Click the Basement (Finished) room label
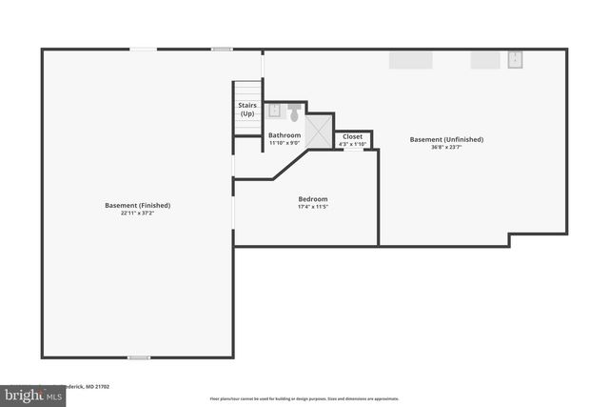[x=138, y=205]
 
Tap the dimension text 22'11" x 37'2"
[x=138, y=213]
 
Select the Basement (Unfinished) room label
[x=446, y=139]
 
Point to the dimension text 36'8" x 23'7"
[x=446, y=147]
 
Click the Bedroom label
[x=313, y=198]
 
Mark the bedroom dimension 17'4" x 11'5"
[x=313, y=206]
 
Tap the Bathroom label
[x=285, y=135]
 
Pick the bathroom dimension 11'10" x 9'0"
[x=285, y=143]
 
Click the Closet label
[x=352, y=136]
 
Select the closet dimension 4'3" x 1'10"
[x=352, y=144]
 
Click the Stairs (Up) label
[x=247, y=110]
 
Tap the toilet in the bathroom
[x=294, y=113]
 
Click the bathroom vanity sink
[x=274, y=112]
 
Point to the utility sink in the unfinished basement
[x=516, y=60]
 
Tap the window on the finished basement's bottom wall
[x=139, y=357]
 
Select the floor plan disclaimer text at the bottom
[x=304, y=398]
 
